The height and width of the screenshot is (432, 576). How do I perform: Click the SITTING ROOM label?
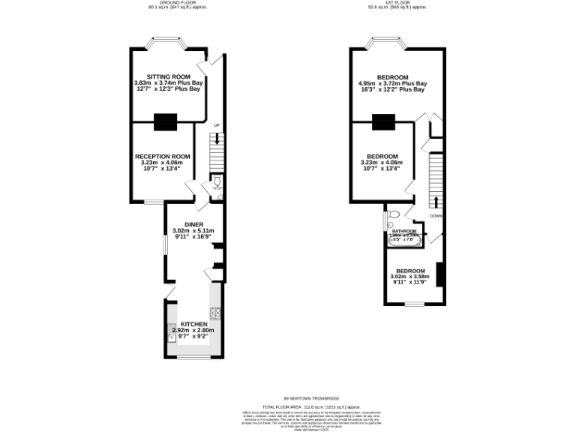167,76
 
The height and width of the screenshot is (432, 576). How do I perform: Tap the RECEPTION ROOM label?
162,156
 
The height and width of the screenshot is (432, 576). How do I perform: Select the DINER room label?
193,223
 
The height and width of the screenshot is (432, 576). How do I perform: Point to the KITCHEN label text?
193,324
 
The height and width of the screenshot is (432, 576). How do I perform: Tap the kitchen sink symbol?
172,337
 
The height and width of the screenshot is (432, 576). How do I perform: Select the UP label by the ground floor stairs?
217,125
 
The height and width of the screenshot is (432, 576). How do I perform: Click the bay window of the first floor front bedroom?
388,42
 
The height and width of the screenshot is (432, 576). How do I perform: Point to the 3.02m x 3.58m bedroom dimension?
410,277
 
